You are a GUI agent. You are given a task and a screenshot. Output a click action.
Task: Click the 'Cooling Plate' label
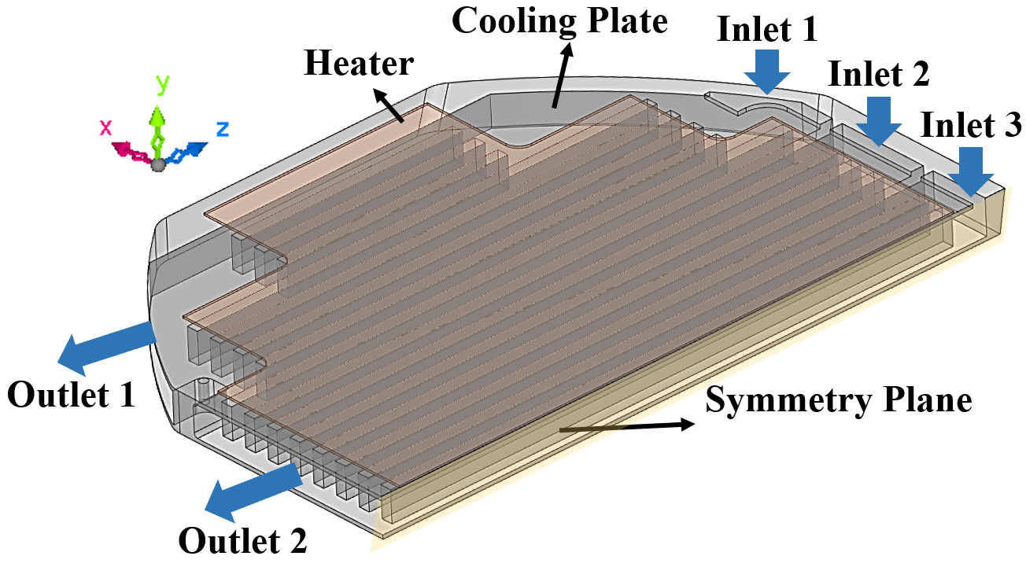559,21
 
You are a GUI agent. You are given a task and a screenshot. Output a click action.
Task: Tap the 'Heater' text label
359,64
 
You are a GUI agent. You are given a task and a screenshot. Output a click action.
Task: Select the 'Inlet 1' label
767,29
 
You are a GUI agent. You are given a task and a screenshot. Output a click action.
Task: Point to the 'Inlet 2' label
878,75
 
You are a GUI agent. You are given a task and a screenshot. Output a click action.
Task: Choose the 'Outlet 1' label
71,395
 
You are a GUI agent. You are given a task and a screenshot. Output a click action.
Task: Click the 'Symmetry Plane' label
838,400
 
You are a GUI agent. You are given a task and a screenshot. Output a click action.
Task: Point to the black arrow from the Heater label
389,107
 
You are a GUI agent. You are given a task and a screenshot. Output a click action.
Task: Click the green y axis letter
163,84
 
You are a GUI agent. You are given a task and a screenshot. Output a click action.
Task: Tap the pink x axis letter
106,127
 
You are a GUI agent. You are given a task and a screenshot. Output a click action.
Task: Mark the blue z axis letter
222,128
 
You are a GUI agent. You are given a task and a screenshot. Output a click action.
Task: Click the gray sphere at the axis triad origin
158,164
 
